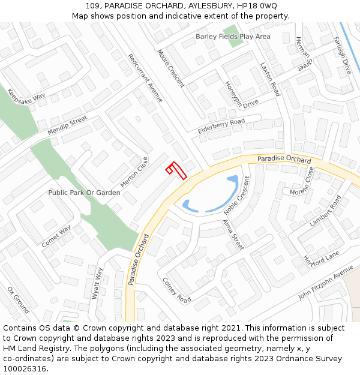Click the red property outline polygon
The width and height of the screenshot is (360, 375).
tap(177, 170)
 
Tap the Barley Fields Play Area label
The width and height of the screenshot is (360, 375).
tap(233, 37)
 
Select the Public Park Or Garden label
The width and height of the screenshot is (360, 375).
tap(84, 193)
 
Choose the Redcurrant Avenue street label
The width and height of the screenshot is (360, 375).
tap(145, 78)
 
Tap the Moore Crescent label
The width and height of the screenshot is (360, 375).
tap(171, 68)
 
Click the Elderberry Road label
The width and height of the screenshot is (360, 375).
tap(221, 126)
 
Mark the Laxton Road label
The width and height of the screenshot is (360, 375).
tap(270, 79)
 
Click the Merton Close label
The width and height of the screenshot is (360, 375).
tap(134, 172)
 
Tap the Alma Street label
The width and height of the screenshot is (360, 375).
tap(233, 235)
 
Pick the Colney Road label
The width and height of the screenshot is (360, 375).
tap(177, 290)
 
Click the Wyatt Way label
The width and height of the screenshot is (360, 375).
tap(97, 284)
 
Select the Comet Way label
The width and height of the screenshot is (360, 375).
tap(56, 236)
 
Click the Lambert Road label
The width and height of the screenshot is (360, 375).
tap(325, 210)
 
